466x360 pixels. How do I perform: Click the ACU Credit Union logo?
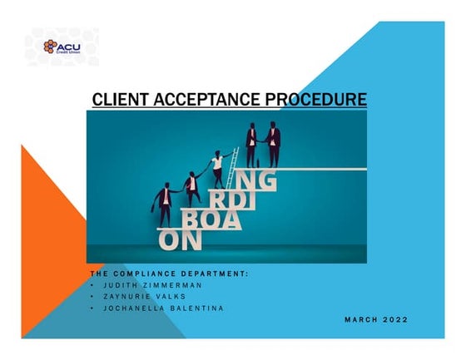click(71, 47)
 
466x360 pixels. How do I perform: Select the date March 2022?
click(376, 319)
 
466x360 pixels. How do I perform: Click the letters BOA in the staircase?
click(211, 219)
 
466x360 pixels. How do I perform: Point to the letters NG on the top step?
click(254, 180)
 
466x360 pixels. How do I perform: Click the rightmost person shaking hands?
click(274, 145)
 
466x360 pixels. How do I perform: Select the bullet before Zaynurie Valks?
click(93, 296)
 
